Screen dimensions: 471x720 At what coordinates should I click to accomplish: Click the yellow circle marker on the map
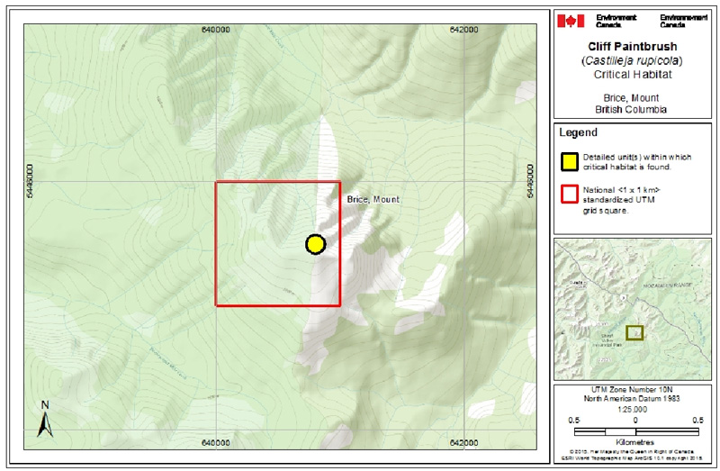click(x=315, y=244)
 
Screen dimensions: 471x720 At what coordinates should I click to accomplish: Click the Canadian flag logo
click(x=567, y=20)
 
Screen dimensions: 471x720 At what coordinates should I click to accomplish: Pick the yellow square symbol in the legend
click(x=568, y=162)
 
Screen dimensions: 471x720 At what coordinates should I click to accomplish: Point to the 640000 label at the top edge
click(x=215, y=30)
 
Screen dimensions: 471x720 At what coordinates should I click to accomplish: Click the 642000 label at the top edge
click(x=463, y=30)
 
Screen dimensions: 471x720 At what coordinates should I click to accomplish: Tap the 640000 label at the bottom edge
click(x=215, y=443)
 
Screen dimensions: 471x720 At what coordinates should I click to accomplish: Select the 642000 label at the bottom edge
click(x=463, y=443)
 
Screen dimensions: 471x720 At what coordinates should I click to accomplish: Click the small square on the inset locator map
click(x=635, y=332)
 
